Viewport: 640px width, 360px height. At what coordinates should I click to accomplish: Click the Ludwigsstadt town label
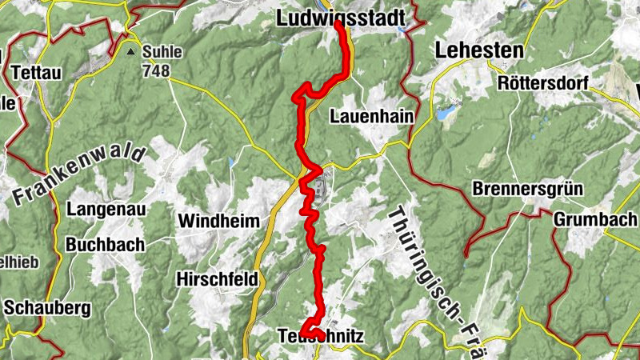(336, 17)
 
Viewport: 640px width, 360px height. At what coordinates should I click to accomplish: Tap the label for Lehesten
(479, 50)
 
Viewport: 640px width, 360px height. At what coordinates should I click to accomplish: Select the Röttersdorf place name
(542, 83)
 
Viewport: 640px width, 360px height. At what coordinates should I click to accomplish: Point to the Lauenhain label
(371, 117)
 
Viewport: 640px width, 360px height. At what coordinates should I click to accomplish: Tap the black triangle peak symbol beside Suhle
(130, 52)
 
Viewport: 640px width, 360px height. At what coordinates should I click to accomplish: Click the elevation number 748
(157, 71)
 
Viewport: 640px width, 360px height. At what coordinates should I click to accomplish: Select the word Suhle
(162, 53)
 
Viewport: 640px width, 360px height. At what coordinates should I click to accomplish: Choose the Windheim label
(219, 220)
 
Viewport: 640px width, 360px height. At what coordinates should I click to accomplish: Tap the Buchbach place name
(106, 244)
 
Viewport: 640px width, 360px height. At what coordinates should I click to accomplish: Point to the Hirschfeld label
(218, 279)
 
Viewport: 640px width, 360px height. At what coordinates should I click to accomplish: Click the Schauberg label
(48, 306)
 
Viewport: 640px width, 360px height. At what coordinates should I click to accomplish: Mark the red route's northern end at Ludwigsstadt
(338, 24)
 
